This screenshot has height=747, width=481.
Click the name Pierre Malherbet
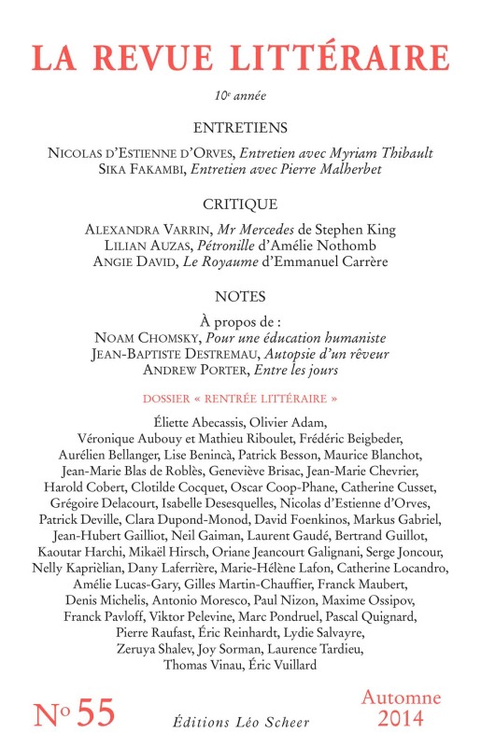322,169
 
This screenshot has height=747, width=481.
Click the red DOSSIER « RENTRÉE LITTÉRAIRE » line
240,398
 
